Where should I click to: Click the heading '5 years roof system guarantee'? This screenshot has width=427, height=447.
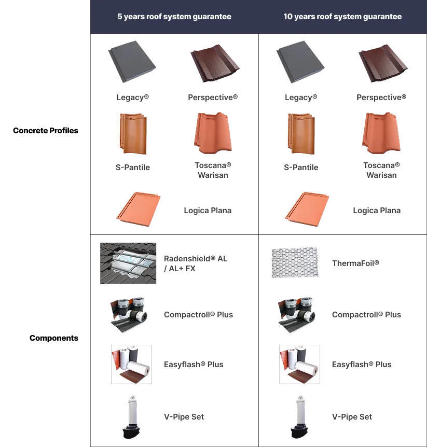pyautogui.click(x=174, y=17)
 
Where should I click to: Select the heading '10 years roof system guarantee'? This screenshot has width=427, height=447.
pyautogui.click(x=342, y=17)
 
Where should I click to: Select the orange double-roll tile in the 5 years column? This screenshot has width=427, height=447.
pyautogui.click(x=132, y=133)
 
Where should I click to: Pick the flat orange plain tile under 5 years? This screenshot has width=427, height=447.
pyautogui.click(x=138, y=211)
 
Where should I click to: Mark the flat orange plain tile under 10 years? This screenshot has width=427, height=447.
pyautogui.click(x=307, y=211)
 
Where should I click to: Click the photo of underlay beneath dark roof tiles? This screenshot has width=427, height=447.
pyautogui.click(x=129, y=263)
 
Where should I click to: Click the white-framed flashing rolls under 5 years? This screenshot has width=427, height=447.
pyautogui.click(x=130, y=365)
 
